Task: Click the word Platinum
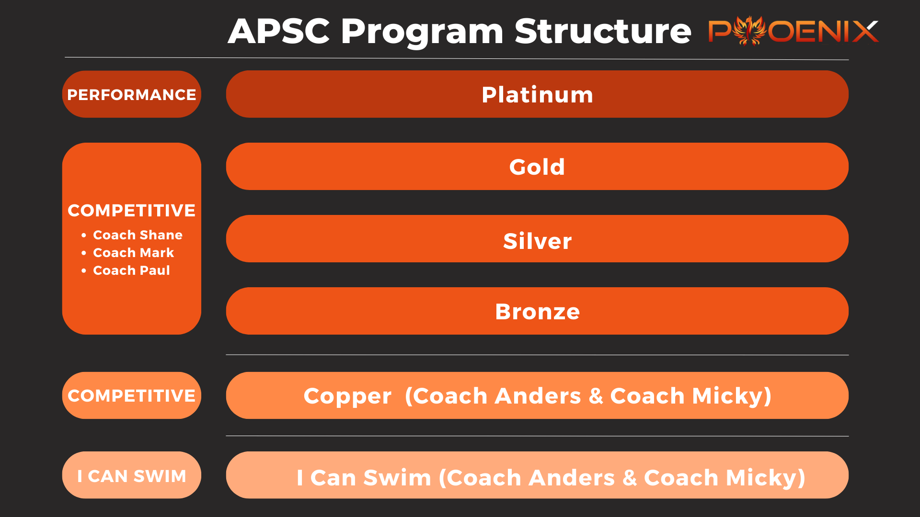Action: point(537,95)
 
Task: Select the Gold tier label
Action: point(537,167)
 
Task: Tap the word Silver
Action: point(537,241)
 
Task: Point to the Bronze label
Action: point(537,312)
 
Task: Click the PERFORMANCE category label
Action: point(132,95)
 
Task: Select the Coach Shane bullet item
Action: point(138,235)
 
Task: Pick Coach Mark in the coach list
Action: point(133,253)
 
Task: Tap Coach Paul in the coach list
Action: point(131,270)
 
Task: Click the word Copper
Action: point(347,396)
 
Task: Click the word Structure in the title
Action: point(603,32)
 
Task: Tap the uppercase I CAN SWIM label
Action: point(132,476)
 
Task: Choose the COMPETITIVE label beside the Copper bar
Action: point(132,396)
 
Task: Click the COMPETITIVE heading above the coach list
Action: point(132,211)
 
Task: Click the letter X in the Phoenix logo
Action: point(865,32)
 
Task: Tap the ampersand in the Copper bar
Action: point(596,396)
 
